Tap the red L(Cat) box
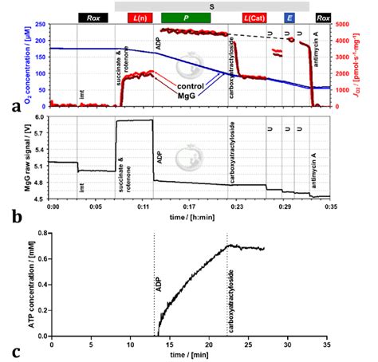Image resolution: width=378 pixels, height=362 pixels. (x=254, y=18)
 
